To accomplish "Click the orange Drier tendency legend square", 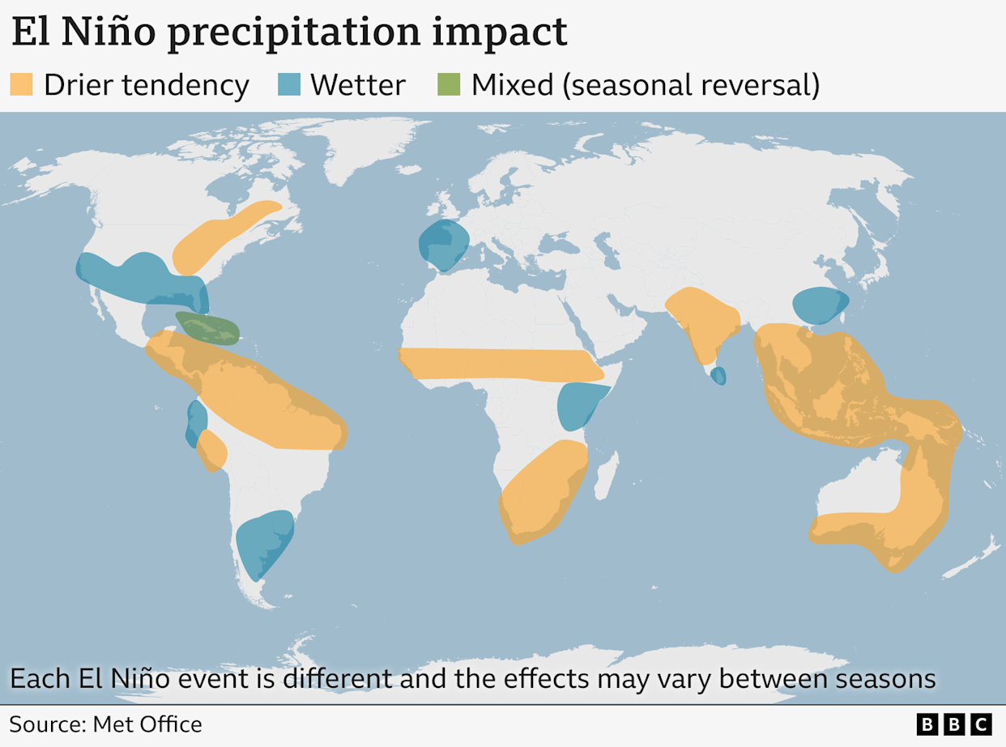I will pos(21,84).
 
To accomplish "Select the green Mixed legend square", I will pos(449,84).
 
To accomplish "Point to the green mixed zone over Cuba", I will pos(208,328).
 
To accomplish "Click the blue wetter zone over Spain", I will pos(444,245).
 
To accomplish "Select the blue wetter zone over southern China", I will pos(820,305).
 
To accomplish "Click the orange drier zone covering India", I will pos(701,320).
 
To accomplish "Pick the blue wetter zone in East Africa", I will pos(578,405).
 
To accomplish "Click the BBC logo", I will pos(954,724).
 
